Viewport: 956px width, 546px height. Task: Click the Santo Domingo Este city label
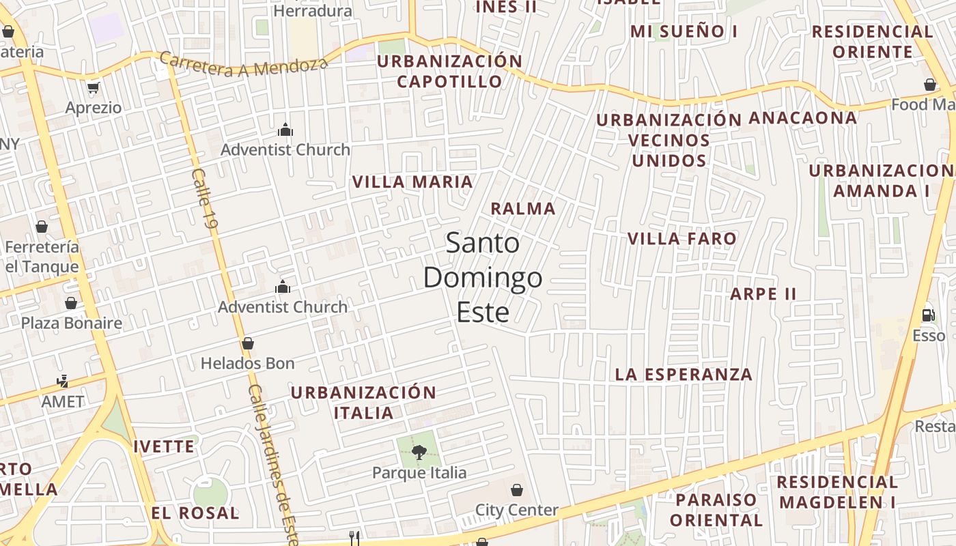tap(483, 278)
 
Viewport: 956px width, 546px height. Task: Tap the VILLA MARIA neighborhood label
tap(412, 182)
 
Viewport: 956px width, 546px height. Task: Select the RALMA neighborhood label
tap(523, 209)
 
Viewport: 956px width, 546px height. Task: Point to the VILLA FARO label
tap(682, 239)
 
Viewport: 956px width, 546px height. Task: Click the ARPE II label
tap(763, 294)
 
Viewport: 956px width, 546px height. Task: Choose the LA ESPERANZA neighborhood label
tap(684, 375)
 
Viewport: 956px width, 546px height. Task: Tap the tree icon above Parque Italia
tap(419, 451)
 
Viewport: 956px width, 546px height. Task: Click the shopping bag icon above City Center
tap(517, 490)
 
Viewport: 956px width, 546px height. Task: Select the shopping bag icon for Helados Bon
tap(248, 343)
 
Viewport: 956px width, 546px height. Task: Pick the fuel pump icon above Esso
tap(928, 315)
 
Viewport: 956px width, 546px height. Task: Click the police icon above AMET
tap(63, 381)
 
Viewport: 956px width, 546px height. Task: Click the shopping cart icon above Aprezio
tap(94, 87)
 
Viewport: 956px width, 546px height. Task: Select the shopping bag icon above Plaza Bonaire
tap(71, 303)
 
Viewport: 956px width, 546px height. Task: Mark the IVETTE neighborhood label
tap(164, 447)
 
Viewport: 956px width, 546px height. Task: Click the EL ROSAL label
tap(195, 513)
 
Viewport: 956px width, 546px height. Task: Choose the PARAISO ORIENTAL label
tap(716, 510)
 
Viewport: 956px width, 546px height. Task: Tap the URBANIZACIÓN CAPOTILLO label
tap(450, 72)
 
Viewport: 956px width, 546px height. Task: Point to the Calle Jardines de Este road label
tap(272, 464)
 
